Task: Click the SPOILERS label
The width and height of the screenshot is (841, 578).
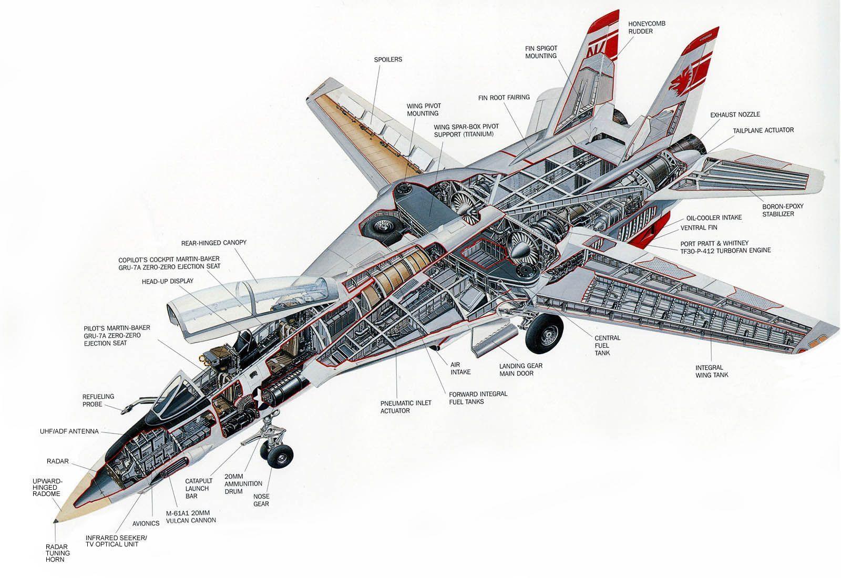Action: click(388, 59)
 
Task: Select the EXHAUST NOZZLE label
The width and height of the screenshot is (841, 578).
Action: click(735, 115)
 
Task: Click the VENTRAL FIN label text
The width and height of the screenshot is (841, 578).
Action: click(699, 228)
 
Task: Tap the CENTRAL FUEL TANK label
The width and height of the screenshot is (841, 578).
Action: click(608, 345)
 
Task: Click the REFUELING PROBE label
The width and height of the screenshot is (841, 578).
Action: click(98, 400)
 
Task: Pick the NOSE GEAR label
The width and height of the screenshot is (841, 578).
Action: click(261, 500)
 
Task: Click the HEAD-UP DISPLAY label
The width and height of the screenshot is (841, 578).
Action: click(167, 281)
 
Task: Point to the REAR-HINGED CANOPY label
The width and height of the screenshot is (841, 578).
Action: click(213, 243)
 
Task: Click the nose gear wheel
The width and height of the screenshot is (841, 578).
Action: click(280, 455)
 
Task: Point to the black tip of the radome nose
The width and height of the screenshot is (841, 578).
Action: click(56, 521)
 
